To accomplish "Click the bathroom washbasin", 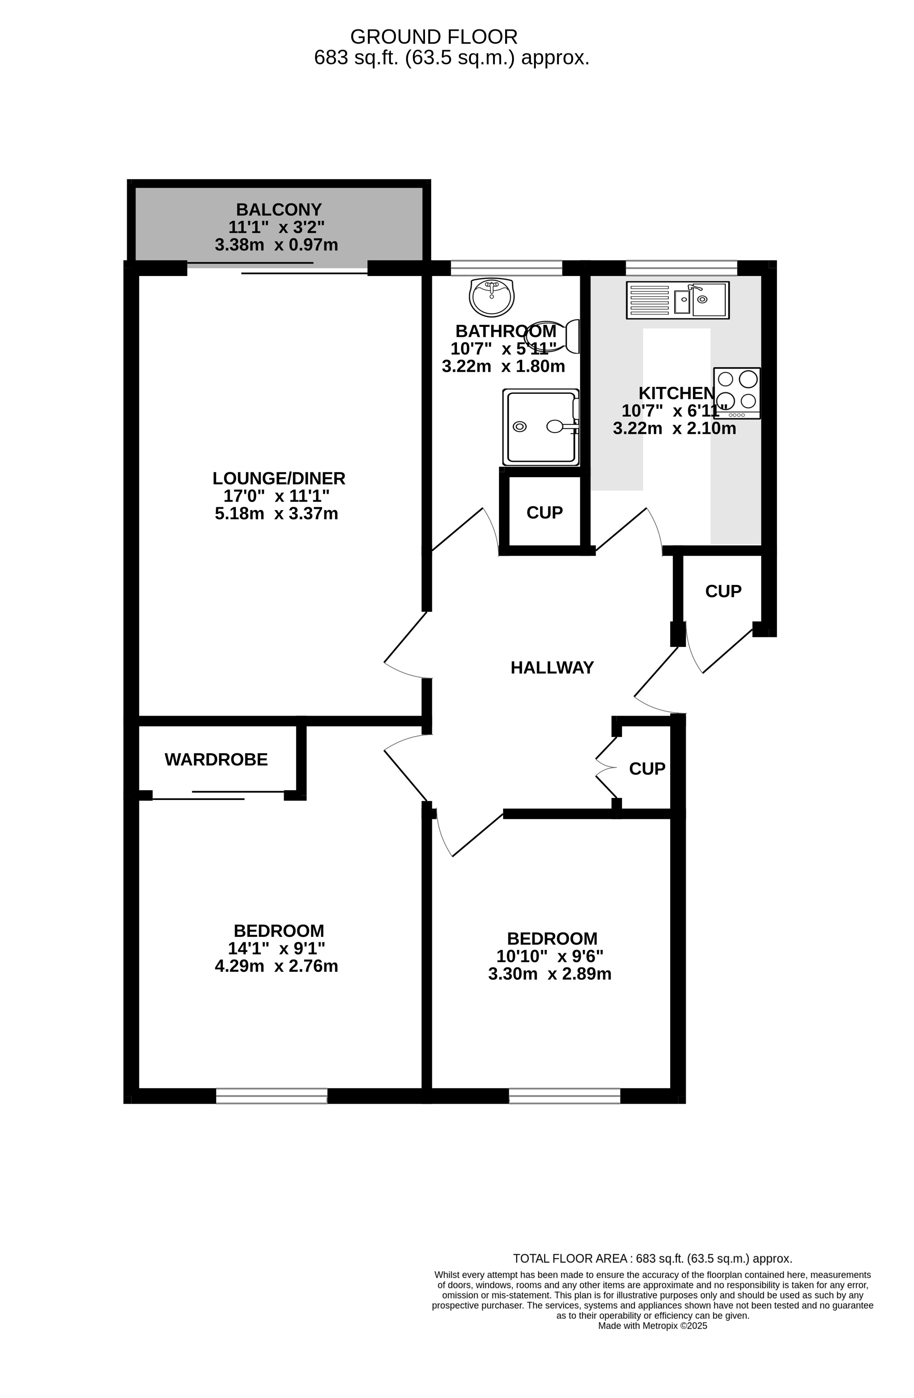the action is pyautogui.click(x=492, y=296).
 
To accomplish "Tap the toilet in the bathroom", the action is pyautogui.click(x=552, y=336).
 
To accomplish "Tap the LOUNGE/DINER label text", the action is pyautogui.click(x=279, y=478).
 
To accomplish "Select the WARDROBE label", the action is pyautogui.click(x=216, y=759).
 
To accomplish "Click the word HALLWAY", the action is pyautogui.click(x=552, y=667).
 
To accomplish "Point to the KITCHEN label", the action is pyautogui.click(x=676, y=393).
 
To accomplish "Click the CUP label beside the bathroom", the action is pyautogui.click(x=544, y=513).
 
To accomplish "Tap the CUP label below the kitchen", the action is pyautogui.click(x=723, y=591).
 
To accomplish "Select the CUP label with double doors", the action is pyautogui.click(x=647, y=768).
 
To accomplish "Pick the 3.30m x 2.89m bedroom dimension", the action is pyautogui.click(x=549, y=974).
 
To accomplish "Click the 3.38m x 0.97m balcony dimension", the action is pyautogui.click(x=276, y=245).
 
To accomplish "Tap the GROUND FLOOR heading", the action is pyautogui.click(x=434, y=37).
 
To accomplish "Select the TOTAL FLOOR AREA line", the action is pyautogui.click(x=653, y=1259).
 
